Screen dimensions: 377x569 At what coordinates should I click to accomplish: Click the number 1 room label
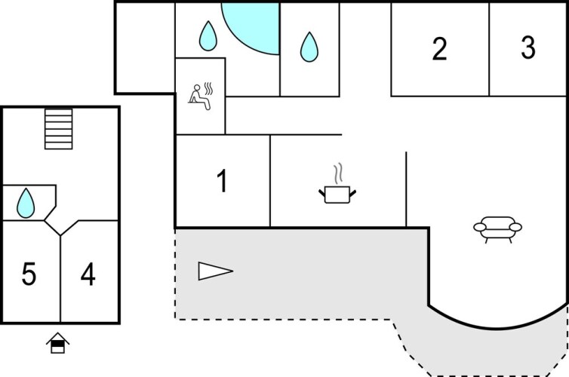(x=222, y=182)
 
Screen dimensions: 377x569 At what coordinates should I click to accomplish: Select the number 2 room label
(x=439, y=49)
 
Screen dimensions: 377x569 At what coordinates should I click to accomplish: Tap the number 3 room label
(x=528, y=48)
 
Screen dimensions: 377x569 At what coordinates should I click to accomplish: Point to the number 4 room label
(x=88, y=276)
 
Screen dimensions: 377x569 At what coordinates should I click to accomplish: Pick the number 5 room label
(x=29, y=276)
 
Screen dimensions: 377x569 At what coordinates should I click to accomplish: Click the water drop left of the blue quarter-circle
(x=208, y=35)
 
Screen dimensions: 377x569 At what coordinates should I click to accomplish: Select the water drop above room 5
(x=26, y=202)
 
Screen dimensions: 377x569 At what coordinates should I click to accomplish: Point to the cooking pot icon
(x=338, y=195)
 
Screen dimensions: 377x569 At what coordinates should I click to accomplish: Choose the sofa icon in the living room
(x=497, y=228)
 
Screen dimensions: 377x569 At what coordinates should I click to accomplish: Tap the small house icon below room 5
(x=57, y=345)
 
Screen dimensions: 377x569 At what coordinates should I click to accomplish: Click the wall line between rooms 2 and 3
(x=489, y=49)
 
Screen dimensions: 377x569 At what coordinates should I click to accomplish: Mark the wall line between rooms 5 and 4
(x=60, y=279)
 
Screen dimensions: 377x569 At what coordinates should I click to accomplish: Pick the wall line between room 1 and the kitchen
(x=270, y=181)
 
